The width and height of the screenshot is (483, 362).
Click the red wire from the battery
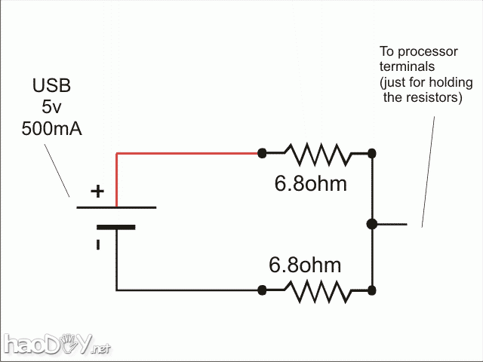click(189, 153)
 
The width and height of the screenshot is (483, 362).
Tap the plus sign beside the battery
click(97, 192)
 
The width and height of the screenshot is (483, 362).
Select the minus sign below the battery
click(97, 244)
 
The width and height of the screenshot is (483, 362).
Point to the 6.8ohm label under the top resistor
click(310, 183)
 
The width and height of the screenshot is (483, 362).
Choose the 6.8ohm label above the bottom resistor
click(305, 265)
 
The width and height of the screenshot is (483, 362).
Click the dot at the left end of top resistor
click(262, 153)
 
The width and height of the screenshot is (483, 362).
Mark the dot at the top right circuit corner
click(372, 153)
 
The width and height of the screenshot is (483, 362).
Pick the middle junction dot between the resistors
click(371, 223)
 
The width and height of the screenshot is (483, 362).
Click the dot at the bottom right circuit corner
click(372, 290)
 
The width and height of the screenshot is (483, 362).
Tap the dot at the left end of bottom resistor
click(262, 290)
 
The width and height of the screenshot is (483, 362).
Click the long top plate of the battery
click(116, 206)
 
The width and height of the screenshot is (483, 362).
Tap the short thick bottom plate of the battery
click(116, 226)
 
